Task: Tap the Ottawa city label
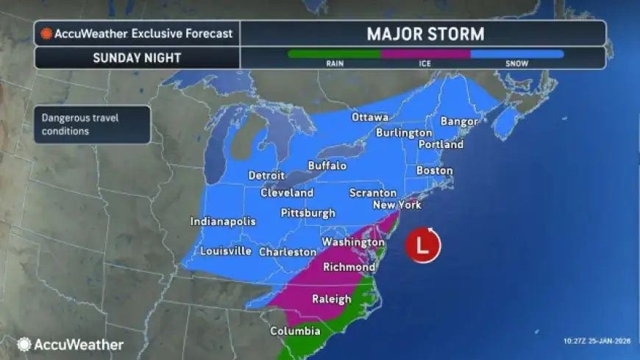coord(369,117)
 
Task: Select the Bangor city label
coord(459,121)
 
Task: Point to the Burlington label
coord(404,133)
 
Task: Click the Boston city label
coord(434,170)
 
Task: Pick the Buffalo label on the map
coord(327,166)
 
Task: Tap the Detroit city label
coord(266,175)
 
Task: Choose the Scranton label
coord(373,193)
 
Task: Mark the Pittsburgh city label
coord(308,213)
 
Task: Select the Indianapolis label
coord(223,221)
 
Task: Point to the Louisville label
coord(226,251)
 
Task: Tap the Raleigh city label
coord(331,299)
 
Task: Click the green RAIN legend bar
coord(334,54)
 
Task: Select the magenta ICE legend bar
coord(425,54)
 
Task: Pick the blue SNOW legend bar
coord(516,54)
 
